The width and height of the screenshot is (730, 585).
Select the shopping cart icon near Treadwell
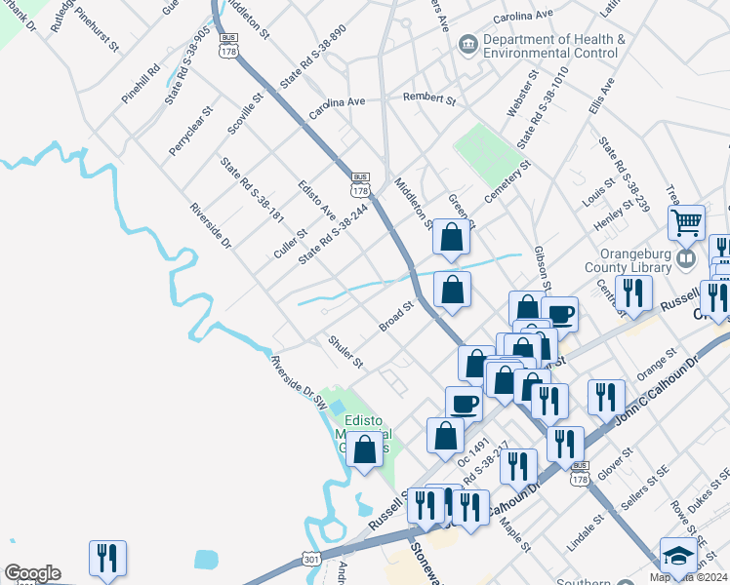(687, 223)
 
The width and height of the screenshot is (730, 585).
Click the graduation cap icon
(678, 556)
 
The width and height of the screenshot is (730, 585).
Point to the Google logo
(31, 573)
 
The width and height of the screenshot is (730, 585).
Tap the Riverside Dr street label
(211, 225)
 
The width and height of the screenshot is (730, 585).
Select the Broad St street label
(397, 315)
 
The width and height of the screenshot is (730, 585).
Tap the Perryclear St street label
(190, 131)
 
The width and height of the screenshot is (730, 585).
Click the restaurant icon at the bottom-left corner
(104, 558)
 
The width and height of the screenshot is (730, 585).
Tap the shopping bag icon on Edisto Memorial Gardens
(365, 450)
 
